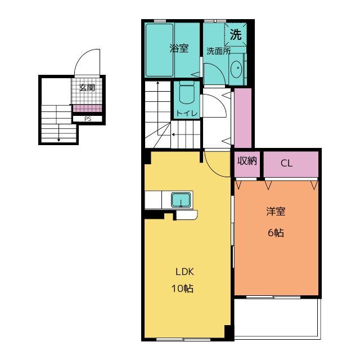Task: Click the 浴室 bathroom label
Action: (x=179, y=48)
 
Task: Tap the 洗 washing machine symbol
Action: (x=236, y=34)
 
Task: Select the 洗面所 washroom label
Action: (x=218, y=51)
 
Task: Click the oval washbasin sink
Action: (x=237, y=69)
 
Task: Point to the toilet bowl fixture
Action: (x=187, y=92)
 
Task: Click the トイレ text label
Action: (x=187, y=113)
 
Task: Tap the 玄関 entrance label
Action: (x=87, y=88)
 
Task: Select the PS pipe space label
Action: (x=88, y=119)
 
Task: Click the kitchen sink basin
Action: (x=181, y=200)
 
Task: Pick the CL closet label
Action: (x=286, y=163)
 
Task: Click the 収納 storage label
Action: (x=247, y=161)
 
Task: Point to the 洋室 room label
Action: (x=276, y=211)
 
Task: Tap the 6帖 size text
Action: (x=276, y=233)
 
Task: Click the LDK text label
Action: (x=185, y=272)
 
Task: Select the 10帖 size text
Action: (x=182, y=289)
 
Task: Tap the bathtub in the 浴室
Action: (x=160, y=50)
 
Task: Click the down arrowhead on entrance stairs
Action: (x=58, y=140)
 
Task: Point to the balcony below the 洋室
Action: (x=277, y=317)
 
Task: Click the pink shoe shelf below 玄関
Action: (x=88, y=108)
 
